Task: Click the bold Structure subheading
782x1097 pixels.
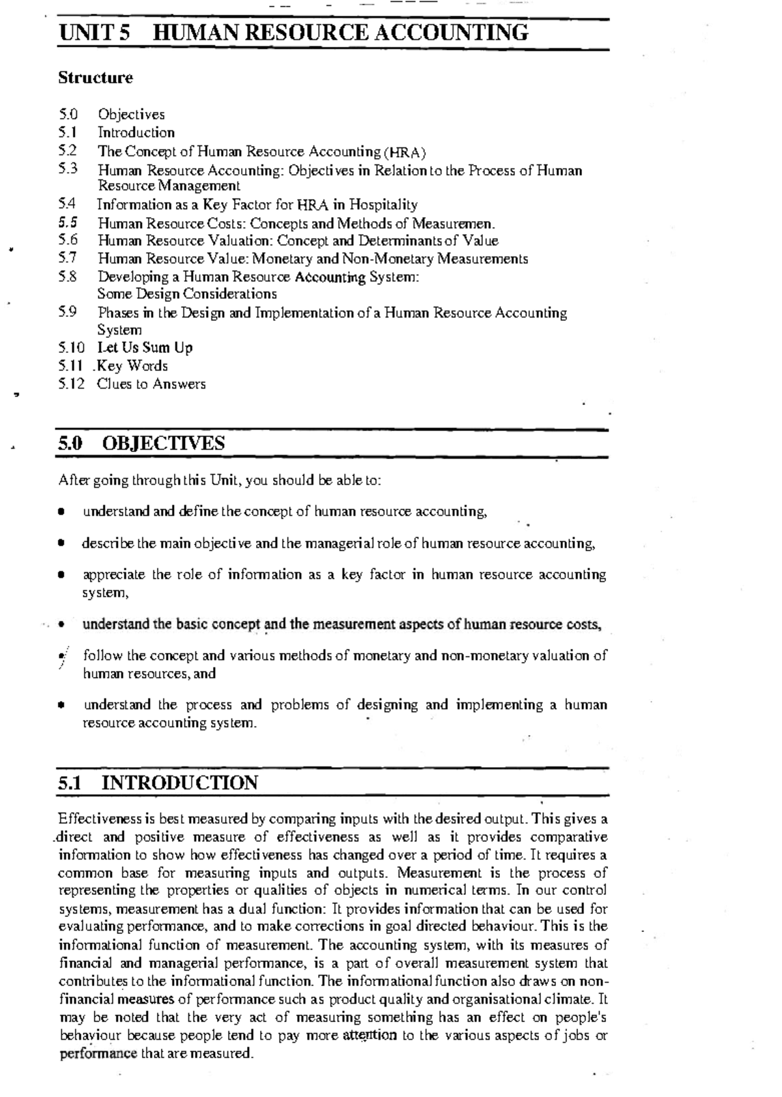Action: tap(95, 78)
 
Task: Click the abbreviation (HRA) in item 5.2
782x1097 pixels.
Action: tap(405, 153)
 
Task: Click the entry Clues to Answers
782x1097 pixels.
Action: tap(151, 384)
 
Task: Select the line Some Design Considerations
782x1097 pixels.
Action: tap(186, 294)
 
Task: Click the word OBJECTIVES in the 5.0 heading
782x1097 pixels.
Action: tap(163, 444)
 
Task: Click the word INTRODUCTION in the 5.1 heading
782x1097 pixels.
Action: tap(179, 783)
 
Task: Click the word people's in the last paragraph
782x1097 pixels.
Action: tap(581, 1017)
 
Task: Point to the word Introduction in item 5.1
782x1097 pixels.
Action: tap(136, 132)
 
